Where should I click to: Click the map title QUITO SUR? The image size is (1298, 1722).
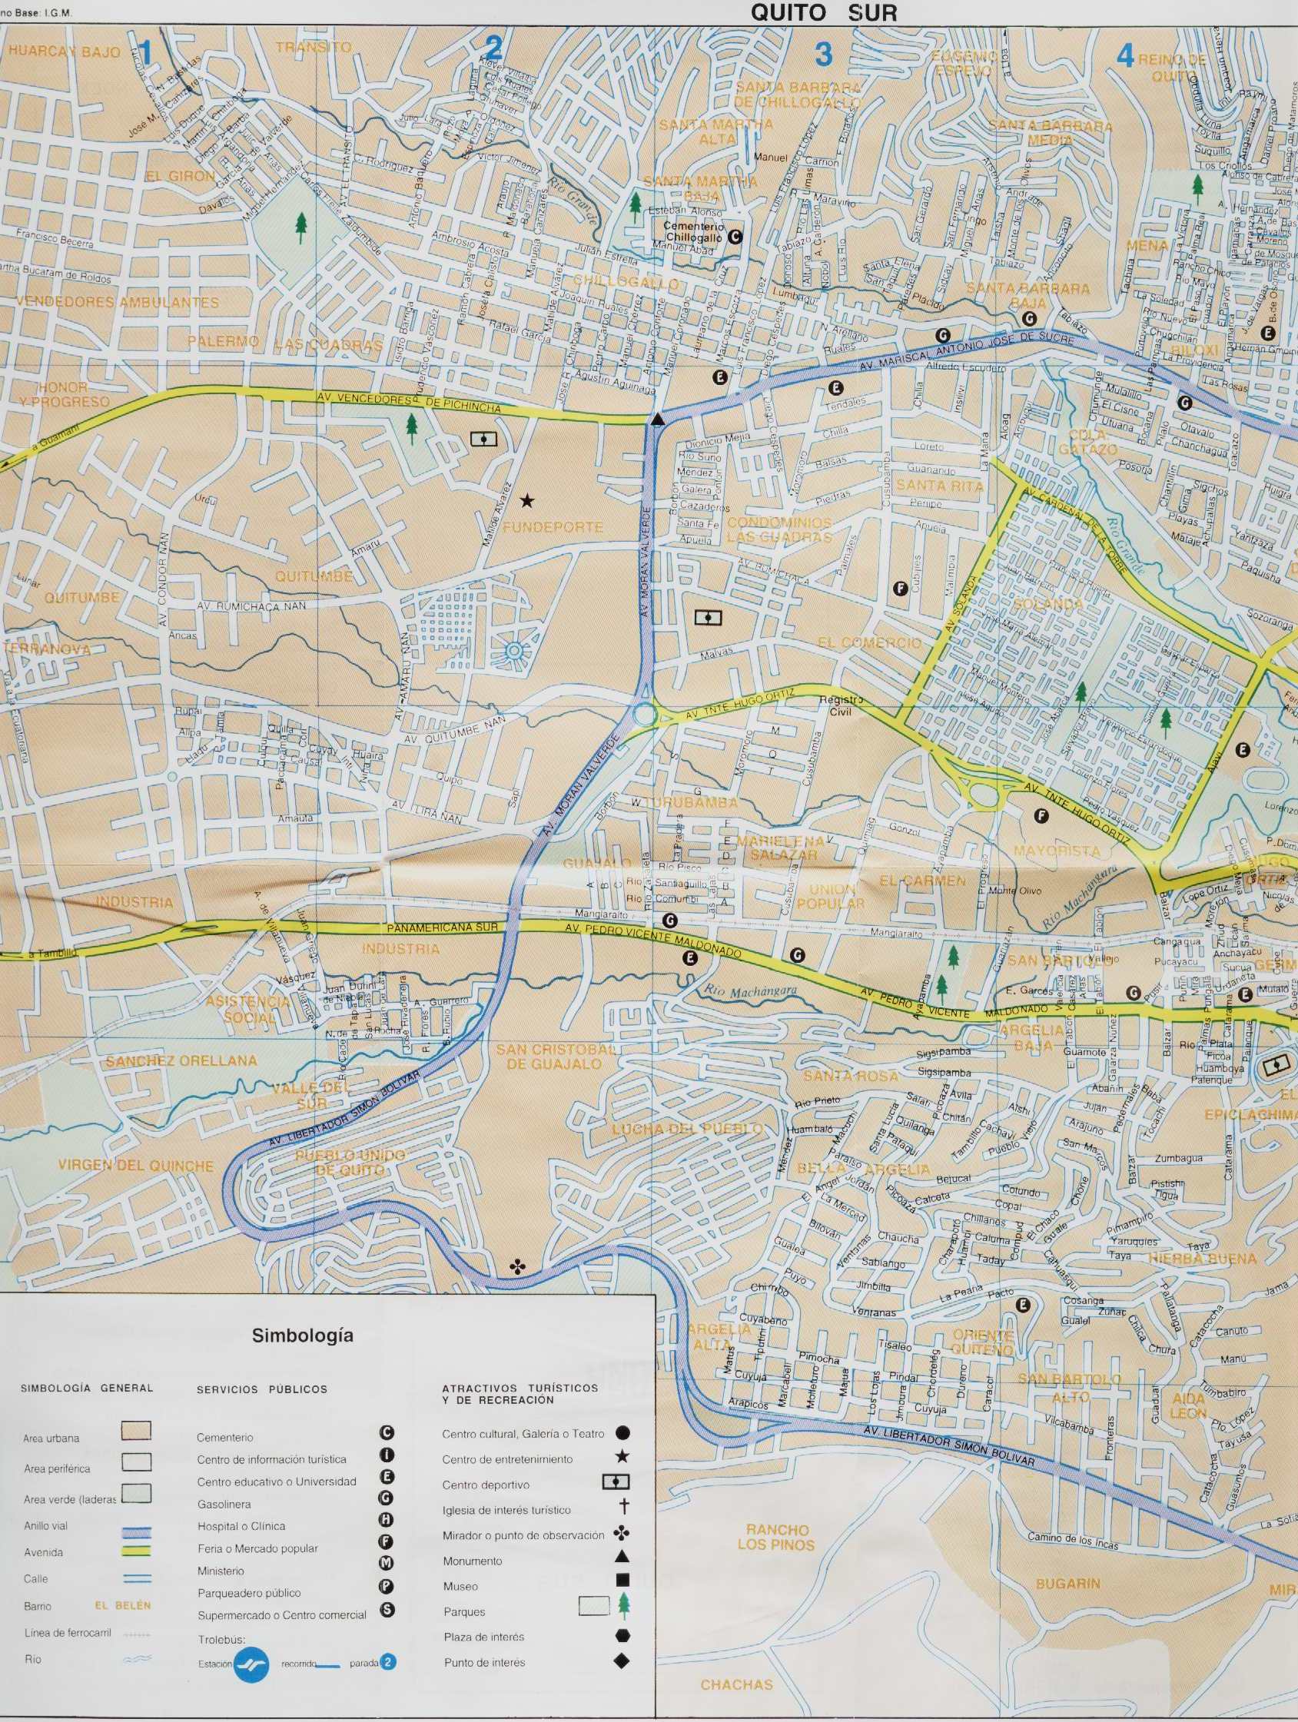(x=824, y=12)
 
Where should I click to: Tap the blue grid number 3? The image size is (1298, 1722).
(x=823, y=55)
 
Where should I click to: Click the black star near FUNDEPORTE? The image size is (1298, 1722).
(x=528, y=499)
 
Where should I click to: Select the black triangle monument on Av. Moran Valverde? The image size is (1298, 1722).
(x=658, y=421)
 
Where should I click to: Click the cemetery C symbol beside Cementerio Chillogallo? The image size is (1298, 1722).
(x=734, y=238)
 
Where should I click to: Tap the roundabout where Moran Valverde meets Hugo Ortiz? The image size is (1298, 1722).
(x=643, y=713)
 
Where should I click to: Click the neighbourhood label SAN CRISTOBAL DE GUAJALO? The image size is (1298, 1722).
(x=556, y=1057)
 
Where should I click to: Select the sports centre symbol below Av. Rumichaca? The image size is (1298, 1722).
(x=707, y=618)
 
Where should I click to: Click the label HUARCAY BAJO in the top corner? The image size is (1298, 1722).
(x=65, y=52)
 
